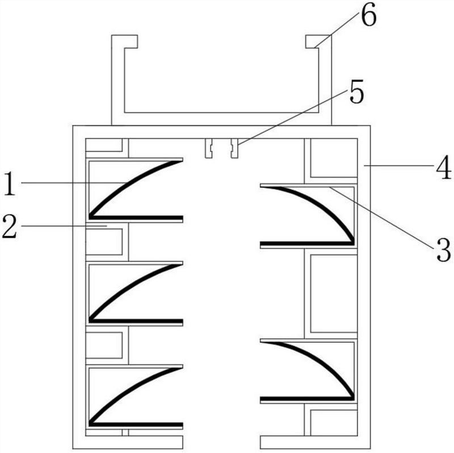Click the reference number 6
[x=369, y=16]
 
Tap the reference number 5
[x=356, y=92]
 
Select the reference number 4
[x=444, y=167]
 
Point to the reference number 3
[x=444, y=250]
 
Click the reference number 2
[x=10, y=227]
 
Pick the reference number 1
[x=10, y=183]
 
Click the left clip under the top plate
[x=209, y=148]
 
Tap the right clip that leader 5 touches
[x=234, y=148]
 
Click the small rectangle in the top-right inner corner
[x=334, y=158]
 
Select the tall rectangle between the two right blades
[x=334, y=293]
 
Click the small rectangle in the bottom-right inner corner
[x=334, y=422]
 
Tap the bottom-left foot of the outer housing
[x=128, y=442]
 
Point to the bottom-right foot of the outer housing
[x=316, y=442]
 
